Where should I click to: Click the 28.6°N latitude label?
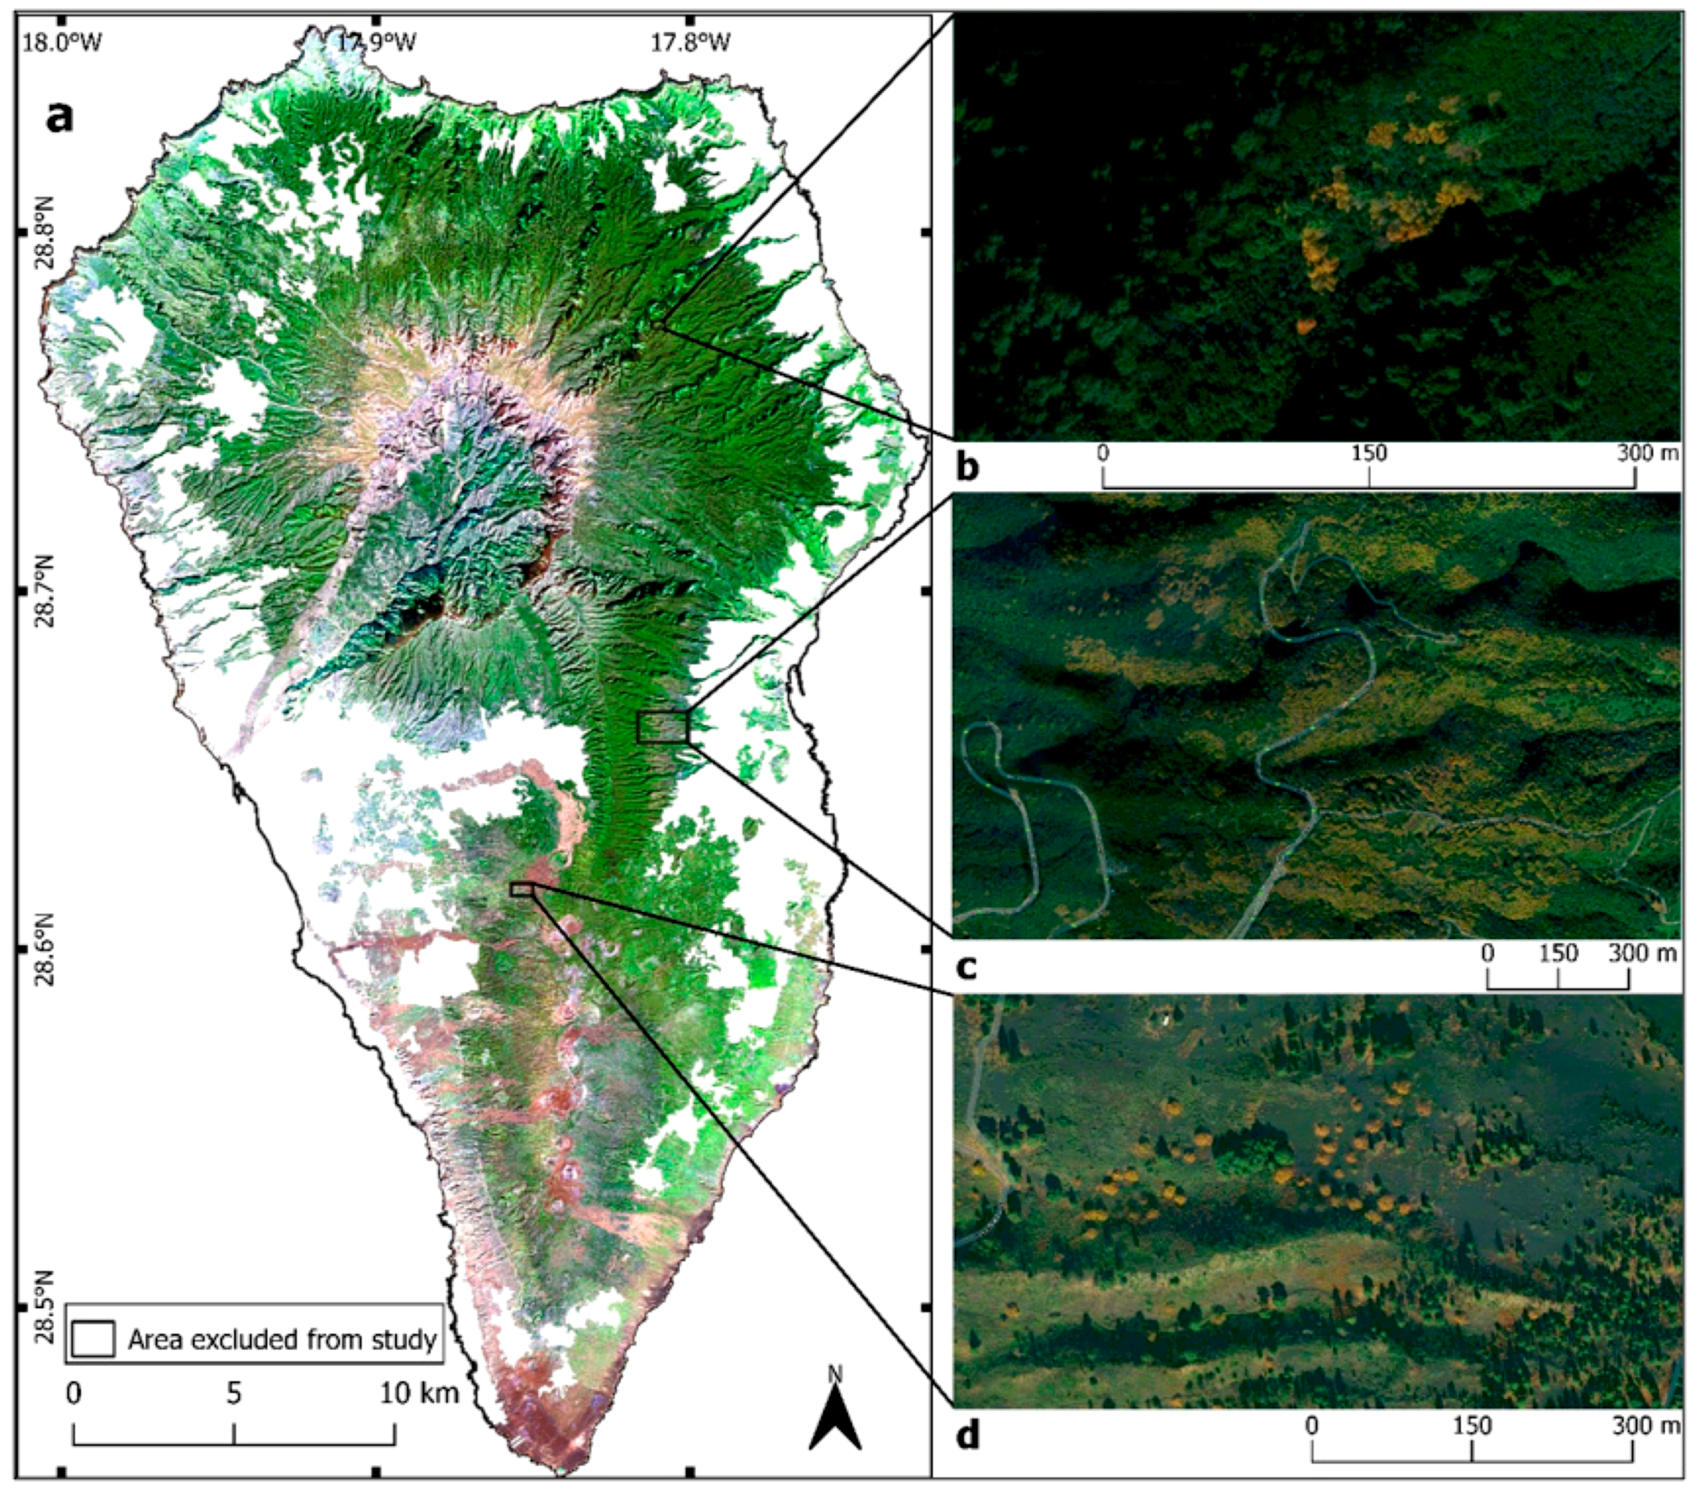pos(44,949)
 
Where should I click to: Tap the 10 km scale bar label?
pos(419,1393)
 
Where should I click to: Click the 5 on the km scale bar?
pos(234,1393)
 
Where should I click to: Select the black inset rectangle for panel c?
pos(663,727)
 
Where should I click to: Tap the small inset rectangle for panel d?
pos(521,889)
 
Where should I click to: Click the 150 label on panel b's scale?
pos(1369,453)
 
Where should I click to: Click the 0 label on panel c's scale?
pos(1488,952)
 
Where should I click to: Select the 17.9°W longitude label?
pos(376,42)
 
